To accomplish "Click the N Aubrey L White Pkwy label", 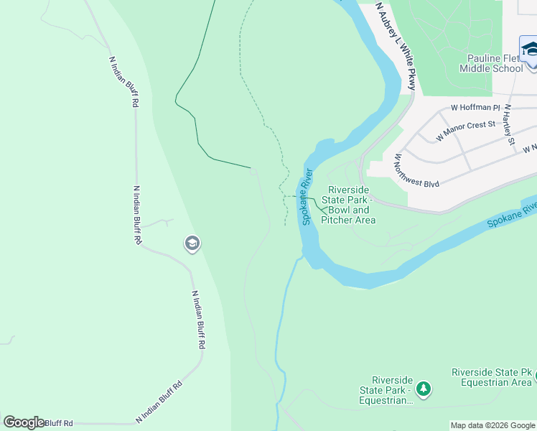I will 396,46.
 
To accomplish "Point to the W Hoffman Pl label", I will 475,107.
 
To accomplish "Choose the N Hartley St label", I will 509,124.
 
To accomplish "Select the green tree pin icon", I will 424,389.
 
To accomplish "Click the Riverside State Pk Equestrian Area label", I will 492,377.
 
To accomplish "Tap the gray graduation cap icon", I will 192,244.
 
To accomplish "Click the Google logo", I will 24,422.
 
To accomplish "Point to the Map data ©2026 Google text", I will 493,425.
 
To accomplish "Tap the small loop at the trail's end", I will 252,170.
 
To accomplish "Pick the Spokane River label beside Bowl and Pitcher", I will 308,196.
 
